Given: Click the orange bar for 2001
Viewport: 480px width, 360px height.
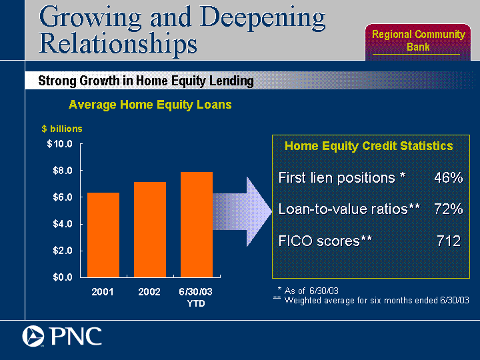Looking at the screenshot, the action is click(103, 235).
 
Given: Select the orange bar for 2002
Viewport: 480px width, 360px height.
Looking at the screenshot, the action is click(150, 229).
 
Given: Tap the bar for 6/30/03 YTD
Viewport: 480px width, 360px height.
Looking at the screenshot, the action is click(197, 225).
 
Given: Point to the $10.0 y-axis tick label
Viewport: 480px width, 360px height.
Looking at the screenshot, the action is click(60, 143).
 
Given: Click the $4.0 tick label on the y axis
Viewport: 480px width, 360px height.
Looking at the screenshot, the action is click(63, 224).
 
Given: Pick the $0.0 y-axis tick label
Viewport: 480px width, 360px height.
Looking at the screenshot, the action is click(63, 277).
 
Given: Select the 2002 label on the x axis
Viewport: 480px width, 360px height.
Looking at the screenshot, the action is click(149, 292).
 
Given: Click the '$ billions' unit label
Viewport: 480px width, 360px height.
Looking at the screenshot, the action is click(62, 129).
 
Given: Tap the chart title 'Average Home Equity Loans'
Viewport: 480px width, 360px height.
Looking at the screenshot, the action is click(150, 105).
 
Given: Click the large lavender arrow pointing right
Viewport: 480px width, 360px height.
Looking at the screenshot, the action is click(243, 211).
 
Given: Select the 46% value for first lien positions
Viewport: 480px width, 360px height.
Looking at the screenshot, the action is click(449, 177).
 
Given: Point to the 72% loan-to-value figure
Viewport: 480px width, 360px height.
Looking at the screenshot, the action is click(449, 209).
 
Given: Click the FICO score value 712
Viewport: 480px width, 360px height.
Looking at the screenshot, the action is click(449, 241).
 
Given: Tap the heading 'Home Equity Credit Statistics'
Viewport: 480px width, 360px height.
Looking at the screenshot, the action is click(369, 146).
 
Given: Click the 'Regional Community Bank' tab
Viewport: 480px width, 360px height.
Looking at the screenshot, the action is click(418, 41).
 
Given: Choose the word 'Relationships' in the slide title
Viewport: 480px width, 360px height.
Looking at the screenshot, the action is click(118, 44).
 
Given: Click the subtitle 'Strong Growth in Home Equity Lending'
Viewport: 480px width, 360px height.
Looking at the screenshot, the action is click(146, 81).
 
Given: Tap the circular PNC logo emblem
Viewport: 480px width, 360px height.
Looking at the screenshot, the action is click(33, 336).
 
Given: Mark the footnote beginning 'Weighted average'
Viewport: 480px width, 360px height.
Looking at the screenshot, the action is click(377, 300).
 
